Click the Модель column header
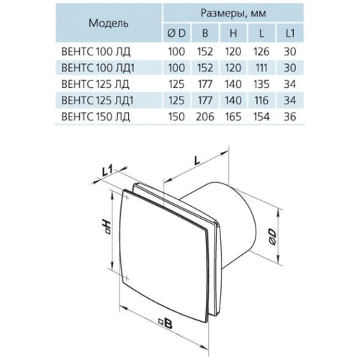109,23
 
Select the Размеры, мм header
233,13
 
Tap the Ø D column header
176,33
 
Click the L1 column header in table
290,33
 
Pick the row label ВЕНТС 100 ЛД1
98,68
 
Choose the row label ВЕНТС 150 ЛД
96,117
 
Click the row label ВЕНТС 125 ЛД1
97,101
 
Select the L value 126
261,52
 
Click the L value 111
261,68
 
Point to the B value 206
205,117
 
